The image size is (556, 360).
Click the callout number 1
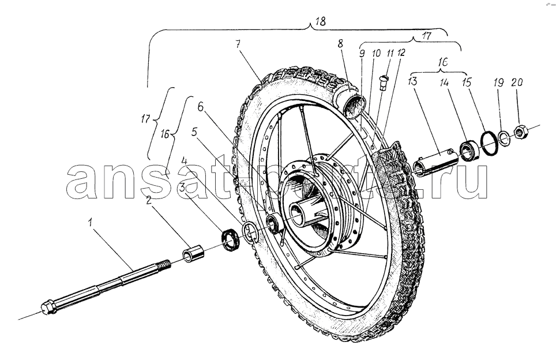pyautogui.click(x=91, y=223)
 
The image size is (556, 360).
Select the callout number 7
pyautogui.click(x=238, y=44)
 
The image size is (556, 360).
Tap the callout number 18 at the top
pyautogui.click(x=320, y=21)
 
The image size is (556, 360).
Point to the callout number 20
pyautogui.click(x=517, y=82)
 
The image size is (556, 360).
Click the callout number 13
pyautogui.click(x=412, y=81)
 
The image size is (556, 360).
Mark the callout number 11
pyautogui.click(x=390, y=54)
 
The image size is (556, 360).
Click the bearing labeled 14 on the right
pyautogui.click(x=469, y=151)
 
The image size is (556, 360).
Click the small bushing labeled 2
pyautogui.click(x=193, y=253)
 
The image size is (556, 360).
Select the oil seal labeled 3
pyautogui.click(x=231, y=240)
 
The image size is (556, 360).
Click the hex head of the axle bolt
pyautogui.click(x=48, y=307)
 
